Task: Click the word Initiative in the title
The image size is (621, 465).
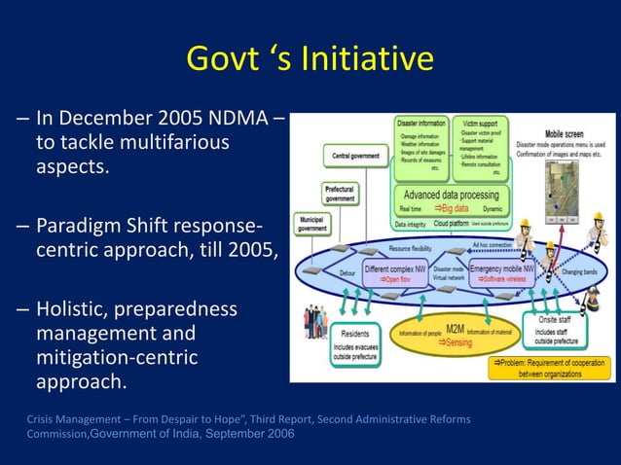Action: point(366,59)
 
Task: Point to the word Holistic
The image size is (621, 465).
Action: point(78,310)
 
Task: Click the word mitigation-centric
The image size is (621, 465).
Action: point(117,357)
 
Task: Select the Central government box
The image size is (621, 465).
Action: point(355,155)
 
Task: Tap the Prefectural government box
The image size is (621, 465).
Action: point(341,193)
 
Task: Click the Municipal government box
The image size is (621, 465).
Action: point(312,225)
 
